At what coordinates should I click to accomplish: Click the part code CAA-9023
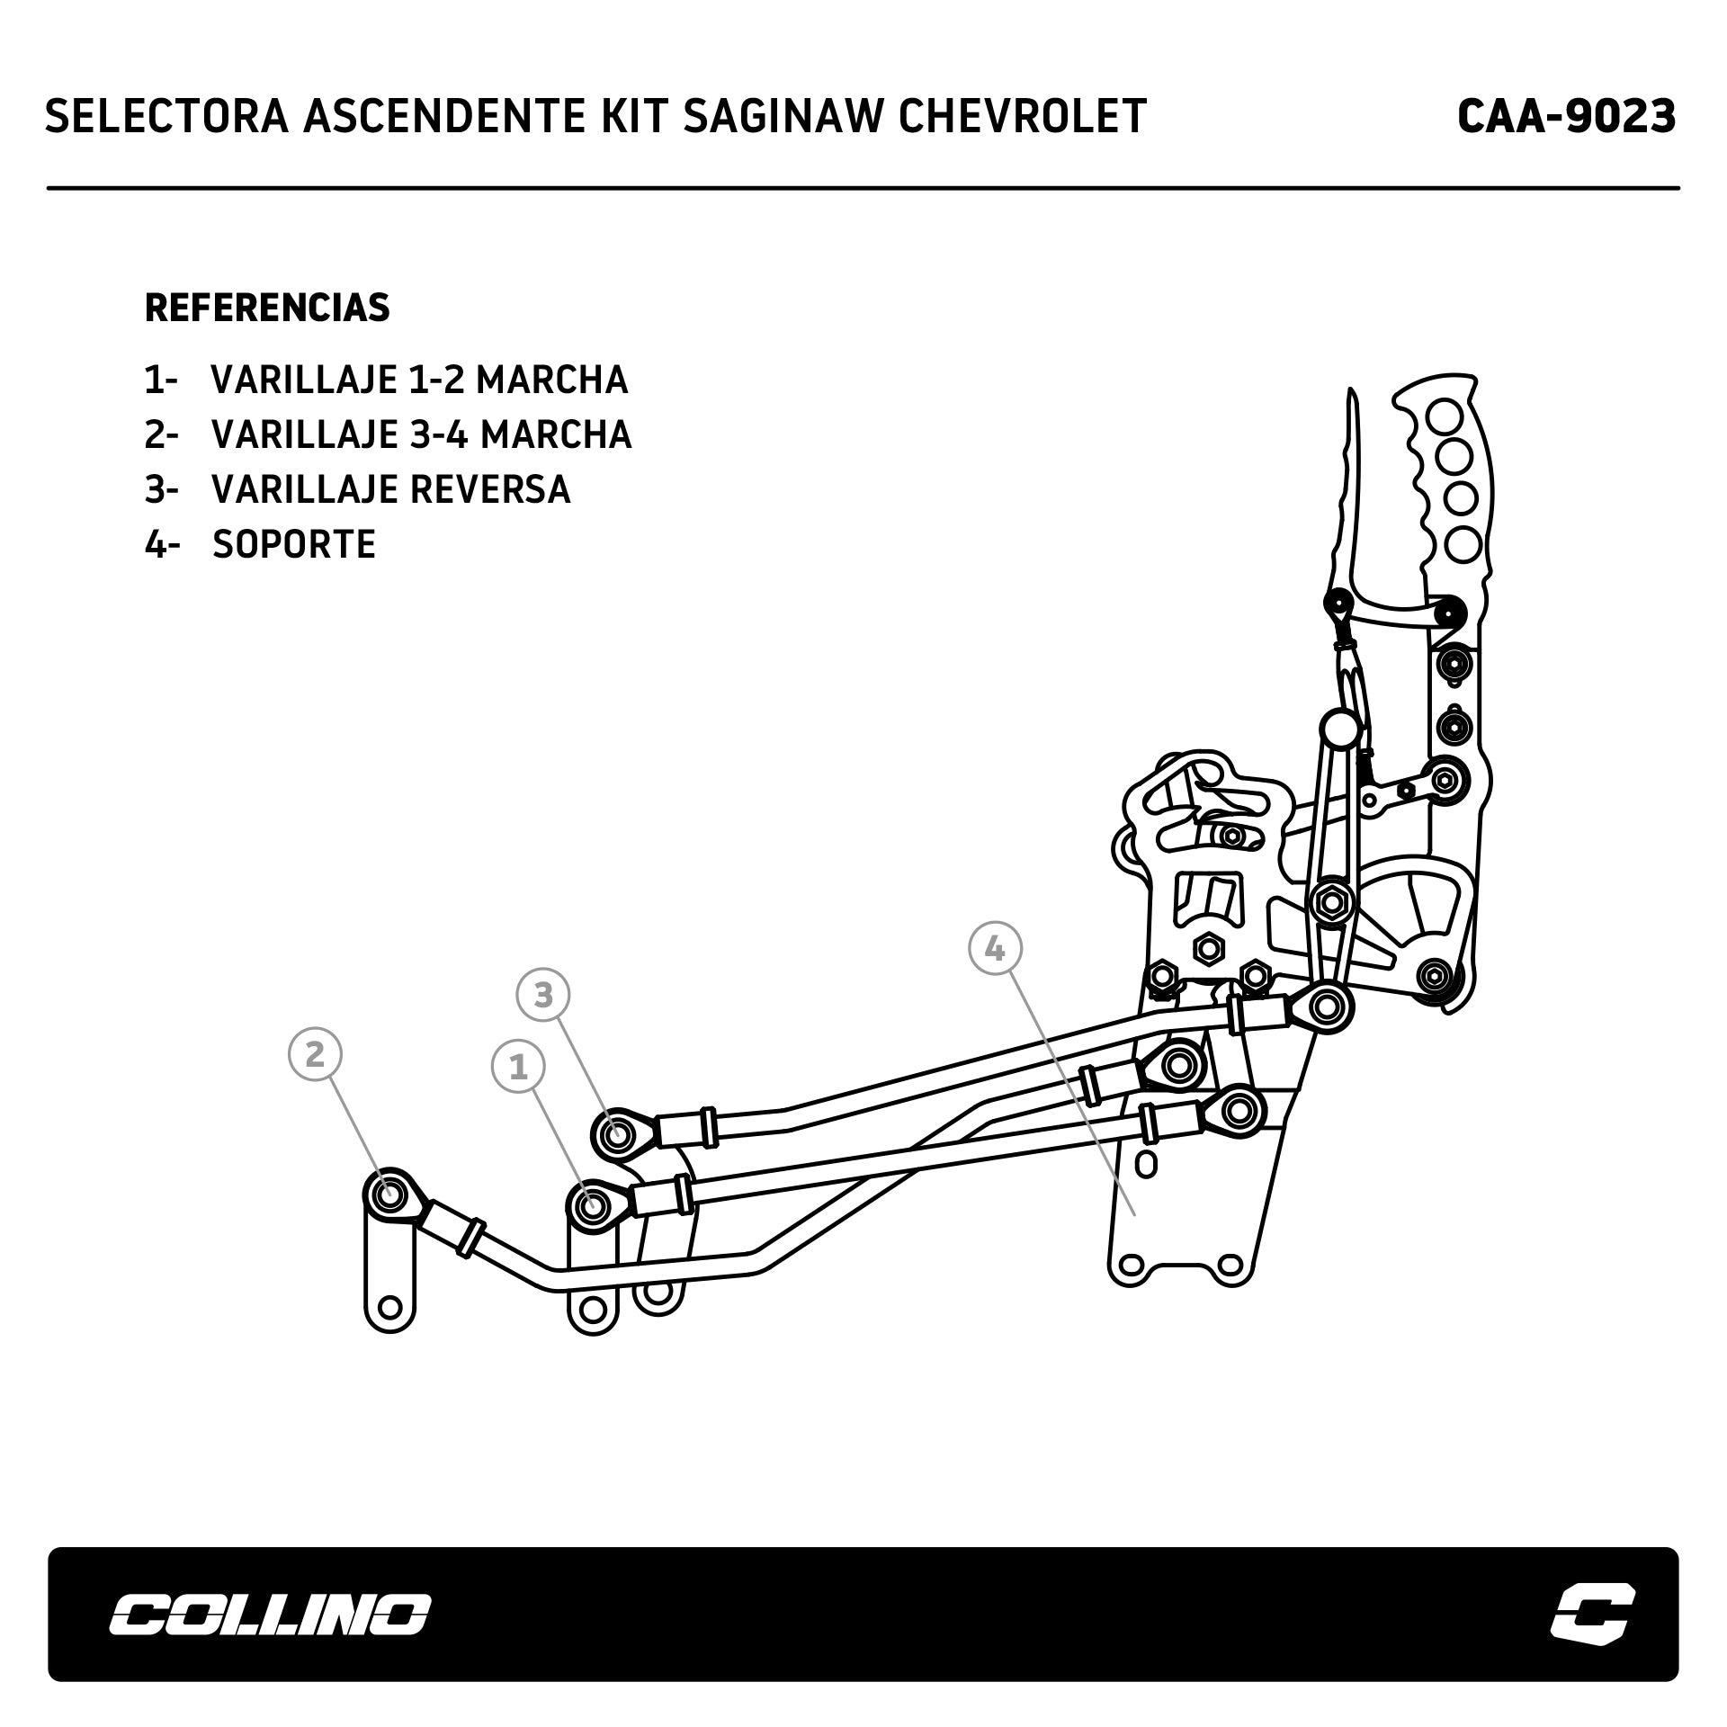click(1566, 117)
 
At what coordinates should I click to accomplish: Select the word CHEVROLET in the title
click(1023, 117)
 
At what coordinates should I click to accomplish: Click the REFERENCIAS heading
click(267, 308)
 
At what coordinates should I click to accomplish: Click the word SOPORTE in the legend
click(294, 544)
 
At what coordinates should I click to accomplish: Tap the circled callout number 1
click(518, 1068)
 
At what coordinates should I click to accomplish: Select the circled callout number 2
click(315, 1053)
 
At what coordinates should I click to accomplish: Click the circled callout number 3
click(543, 995)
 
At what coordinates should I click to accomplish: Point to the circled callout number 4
click(995, 948)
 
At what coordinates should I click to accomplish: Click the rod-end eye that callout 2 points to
click(389, 1195)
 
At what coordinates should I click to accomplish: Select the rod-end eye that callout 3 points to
click(617, 1135)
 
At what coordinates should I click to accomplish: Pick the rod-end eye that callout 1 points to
click(592, 1204)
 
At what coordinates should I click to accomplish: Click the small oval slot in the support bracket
click(1146, 1164)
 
